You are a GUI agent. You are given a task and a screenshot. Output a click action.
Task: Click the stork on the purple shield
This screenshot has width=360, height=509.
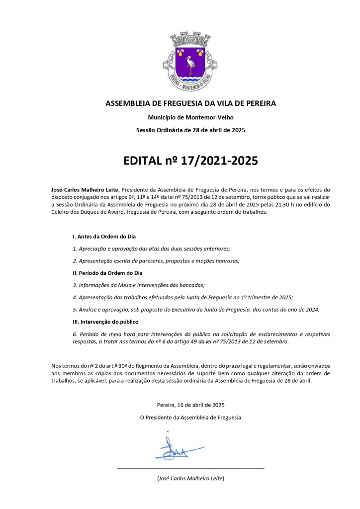pyautogui.click(x=190, y=64)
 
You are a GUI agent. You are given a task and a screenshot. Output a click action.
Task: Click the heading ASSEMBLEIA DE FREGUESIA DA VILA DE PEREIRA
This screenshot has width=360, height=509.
pyautogui.click(x=191, y=103)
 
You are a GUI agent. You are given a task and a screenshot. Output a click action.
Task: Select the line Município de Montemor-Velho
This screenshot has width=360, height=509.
pyautogui.click(x=191, y=117)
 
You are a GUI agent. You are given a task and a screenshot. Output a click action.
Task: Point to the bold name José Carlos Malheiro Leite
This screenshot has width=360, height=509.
pyautogui.click(x=85, y=190)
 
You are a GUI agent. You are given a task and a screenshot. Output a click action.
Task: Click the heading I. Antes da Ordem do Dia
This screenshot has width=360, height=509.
pyautogui.click(x=104, y=236)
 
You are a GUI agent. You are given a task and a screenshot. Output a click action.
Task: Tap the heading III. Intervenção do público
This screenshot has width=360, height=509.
pyautogui.click(x=105, y=322)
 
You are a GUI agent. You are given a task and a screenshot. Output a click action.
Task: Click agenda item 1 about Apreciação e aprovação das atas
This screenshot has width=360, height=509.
pyautogui.click(x=151, y=249)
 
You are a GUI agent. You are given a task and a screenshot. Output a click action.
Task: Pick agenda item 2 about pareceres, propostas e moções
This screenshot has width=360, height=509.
pyautogui.click(x=156, y=260)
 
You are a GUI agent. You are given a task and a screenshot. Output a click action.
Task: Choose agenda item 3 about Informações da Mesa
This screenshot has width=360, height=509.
pyautogui.click(x=138, y=285)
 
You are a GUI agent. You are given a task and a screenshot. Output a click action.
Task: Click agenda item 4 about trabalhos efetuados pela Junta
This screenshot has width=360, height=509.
pyautogui.click(x=182, y=297)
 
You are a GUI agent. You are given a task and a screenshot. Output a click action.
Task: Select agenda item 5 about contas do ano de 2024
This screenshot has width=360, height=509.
pyautogui.click(x=196, y=309)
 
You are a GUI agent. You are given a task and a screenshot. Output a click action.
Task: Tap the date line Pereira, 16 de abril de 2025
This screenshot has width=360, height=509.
pyautogui.click(x=190, y=405)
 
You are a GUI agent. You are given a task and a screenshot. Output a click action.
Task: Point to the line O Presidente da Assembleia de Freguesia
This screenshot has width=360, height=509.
pyautogui.click(x=190, y=418)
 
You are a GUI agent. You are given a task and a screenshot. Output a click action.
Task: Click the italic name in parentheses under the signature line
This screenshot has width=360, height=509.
pyautogui.click(x=190, y=478)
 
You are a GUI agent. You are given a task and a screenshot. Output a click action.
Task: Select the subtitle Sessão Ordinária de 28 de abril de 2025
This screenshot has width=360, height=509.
pyautogui.click(x=191, y=130)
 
